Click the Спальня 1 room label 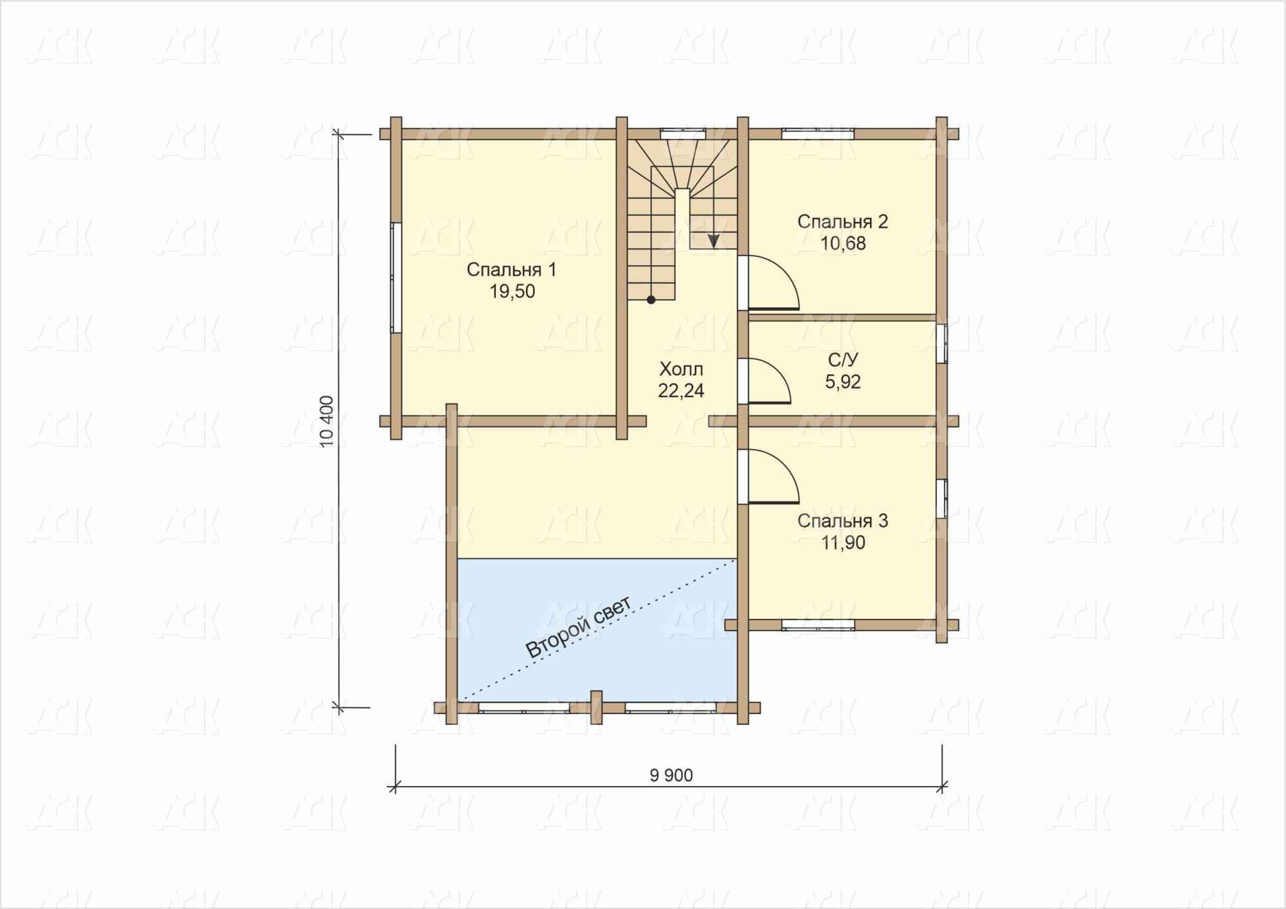click(x=511, y=270)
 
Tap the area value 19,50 click(x=512, y=292)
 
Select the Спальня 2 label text click(x=842, y=222)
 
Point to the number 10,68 click(x=843, y=244)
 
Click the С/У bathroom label click(x=843, y=360)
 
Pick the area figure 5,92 click(x=843, y=382)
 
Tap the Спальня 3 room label click(x=842, y=521)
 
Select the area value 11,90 click(x=843, y=543)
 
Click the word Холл click(x=681, y=369)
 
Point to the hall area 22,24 click(x=681, y=391)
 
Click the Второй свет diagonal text click(x=579, y=627)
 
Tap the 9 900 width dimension click(x=671, y=776)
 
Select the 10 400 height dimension click(x=327, y=421)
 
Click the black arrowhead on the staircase click(x=714, y=241)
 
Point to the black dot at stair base click(x=651, y=300)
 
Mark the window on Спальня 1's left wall click(x=396, y=277)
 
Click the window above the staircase click(x=683, y=134)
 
